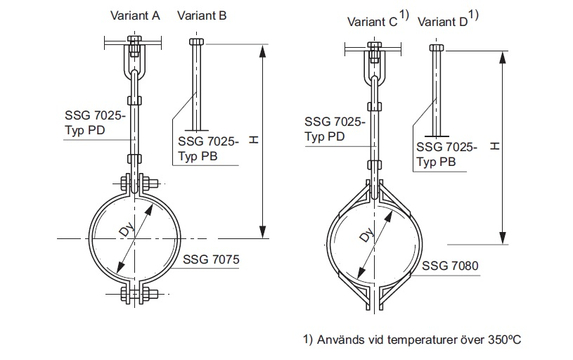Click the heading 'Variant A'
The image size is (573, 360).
(134, 15)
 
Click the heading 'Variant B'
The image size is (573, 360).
(202, 15)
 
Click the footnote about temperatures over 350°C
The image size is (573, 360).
(412, 340)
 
